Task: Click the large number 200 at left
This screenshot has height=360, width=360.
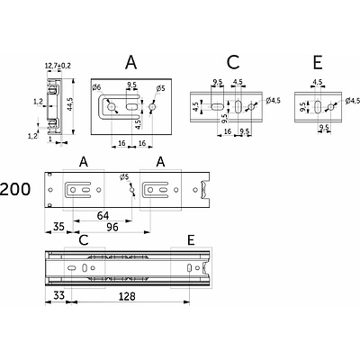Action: coord(15,189)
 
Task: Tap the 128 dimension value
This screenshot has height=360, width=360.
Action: coord(127,296)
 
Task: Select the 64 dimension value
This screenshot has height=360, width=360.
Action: coord(103,215)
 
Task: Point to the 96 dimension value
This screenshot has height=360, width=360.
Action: coord(112,227)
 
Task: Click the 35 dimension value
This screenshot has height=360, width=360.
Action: coord(58,227)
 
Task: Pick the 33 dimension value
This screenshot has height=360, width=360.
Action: coord(58,295)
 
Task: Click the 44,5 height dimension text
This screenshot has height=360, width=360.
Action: coord(70,104)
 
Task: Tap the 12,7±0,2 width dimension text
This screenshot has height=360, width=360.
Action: coord(58,66)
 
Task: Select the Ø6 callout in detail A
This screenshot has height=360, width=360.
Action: coord(97,87)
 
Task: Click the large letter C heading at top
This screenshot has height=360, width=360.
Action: coord(233,62)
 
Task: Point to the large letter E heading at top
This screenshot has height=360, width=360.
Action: coord(318,62)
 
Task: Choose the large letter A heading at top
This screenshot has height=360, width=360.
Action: coord(131,62)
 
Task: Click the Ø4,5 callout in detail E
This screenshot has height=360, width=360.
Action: coord(353,101)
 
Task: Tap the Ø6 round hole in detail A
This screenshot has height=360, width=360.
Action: coord(112,106)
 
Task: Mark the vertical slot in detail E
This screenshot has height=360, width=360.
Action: coord(318,107)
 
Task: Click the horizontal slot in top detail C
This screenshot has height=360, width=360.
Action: coord(217,106)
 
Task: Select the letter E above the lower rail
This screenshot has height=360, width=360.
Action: coord(191,240)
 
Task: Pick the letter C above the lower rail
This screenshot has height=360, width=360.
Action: coord(84,240)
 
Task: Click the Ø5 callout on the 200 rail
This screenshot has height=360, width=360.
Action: coord(124,177)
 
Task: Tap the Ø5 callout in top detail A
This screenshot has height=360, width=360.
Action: coord(160,88)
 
